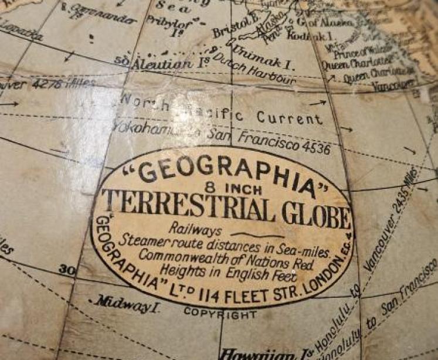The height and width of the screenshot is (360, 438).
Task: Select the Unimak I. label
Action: click(x=256, y=46)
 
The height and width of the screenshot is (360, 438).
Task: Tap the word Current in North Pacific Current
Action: click(x=289, y=117)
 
